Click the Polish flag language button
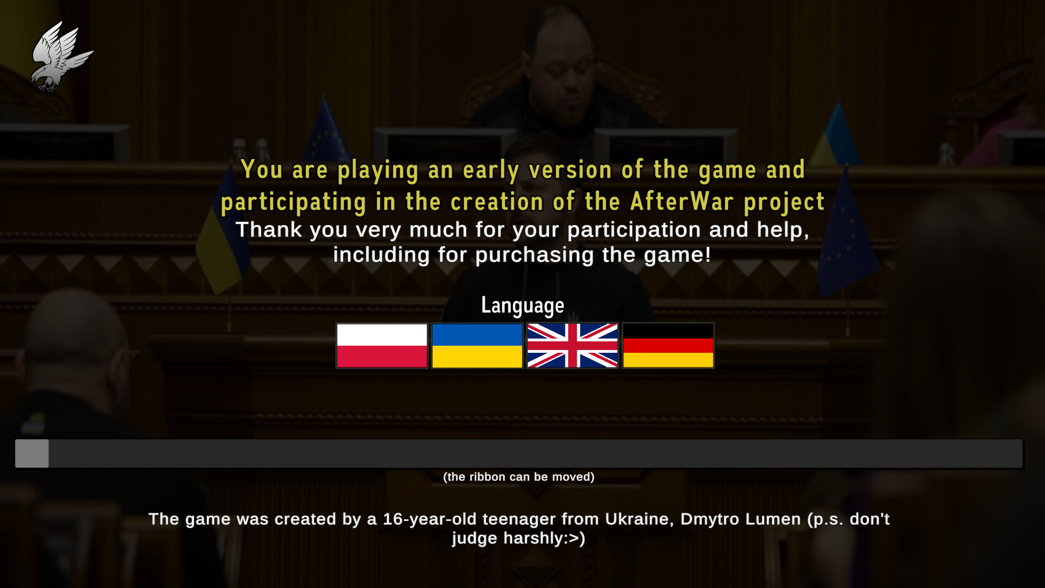point(382,346)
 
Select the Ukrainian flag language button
point(477,346)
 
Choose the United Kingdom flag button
point(573,346)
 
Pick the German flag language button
point(668,346)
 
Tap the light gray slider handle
point(32,454)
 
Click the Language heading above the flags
point(522,306)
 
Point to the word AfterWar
point(682,201)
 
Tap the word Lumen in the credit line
point(773,519)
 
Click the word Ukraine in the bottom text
point(640,519)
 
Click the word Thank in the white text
point(269,230)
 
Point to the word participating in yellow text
point(294,203)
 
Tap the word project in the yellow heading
point(784,203)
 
